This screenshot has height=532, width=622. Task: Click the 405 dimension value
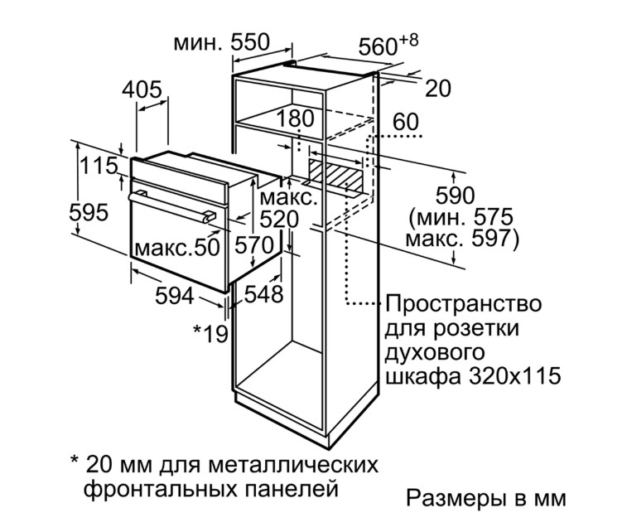[142, 89]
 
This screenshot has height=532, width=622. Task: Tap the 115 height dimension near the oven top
[99, 166]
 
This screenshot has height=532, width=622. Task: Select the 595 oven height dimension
[89, 212]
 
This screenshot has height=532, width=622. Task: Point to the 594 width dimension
[175, 296]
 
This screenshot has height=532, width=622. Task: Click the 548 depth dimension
[264, 294]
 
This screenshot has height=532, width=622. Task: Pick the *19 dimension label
[210, 334]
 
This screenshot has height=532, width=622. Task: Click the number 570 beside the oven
[254, 244]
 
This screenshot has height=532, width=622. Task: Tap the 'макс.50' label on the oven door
[177, 247]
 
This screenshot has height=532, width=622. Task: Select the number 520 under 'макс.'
[279, 219]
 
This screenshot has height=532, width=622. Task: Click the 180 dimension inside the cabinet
[296, 118]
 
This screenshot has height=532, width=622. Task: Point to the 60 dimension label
[405, 122]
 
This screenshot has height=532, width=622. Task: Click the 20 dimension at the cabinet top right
[438, 89]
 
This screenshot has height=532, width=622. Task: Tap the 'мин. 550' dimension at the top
[222, 42]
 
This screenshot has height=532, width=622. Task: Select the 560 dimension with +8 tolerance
[388, 45]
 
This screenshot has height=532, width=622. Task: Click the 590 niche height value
[455, 196]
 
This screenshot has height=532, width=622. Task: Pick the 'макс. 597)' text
[462, 239]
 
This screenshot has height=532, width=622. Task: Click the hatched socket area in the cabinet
[337, 175]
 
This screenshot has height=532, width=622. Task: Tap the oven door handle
[171, 206]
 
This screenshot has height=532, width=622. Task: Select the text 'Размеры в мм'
[486, 498]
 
